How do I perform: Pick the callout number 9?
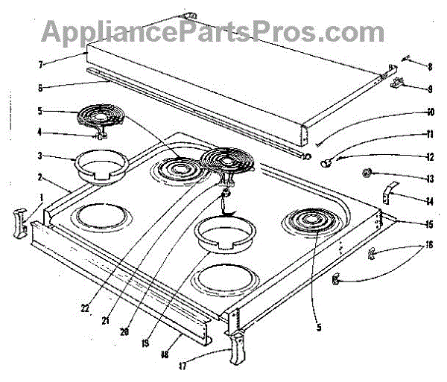point(410,88)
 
